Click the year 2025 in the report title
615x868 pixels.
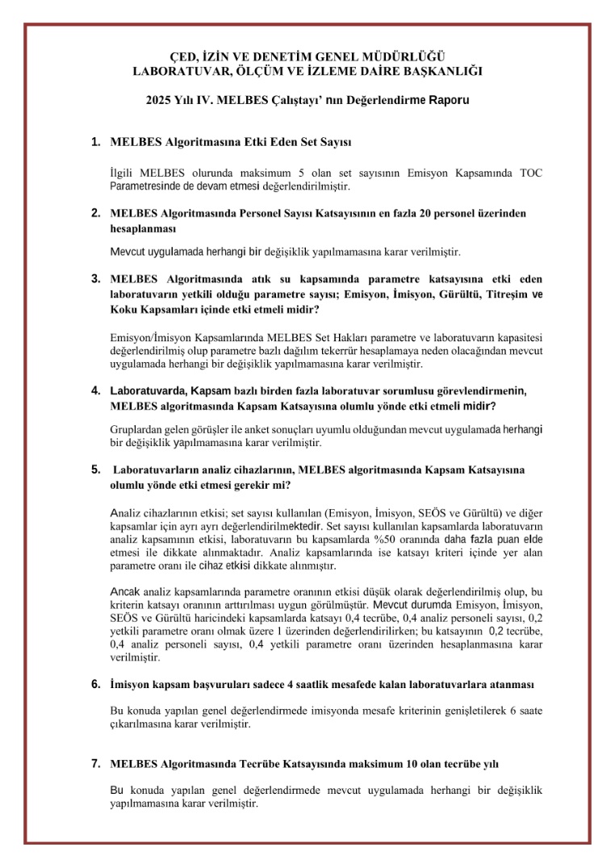pyautogui.click(x=160, y=101)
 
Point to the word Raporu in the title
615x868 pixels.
pyautogui.click(x=447, y=101)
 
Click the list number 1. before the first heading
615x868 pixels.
pyautogui.click(x=95, y=142)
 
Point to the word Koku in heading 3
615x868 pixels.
pyautogui.click(x=123, y=309)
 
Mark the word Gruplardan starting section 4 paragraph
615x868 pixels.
pyautogui.click(x=137, y=429)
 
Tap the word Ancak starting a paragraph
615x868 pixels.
pyautogui.click(x=124, y=591)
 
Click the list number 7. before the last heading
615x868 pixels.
pyautogui.click(x=95, y=762)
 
